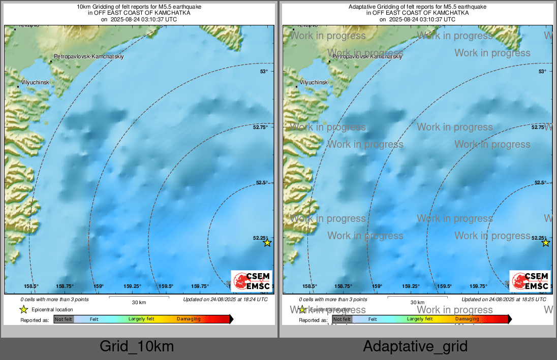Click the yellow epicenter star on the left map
click(x=267, y=243)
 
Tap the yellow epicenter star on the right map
click(x=546, y=243)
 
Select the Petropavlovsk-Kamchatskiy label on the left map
click(x=88, y=57)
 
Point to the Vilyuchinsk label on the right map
click(x=314, y=82)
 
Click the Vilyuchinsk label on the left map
click(x=35, y=82)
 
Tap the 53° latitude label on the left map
click(x=264, y=72)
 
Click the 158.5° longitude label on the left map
click(x=32, y=286)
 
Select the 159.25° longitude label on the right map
click(x=411, y=286)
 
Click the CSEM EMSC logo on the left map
click(x=252, y=281)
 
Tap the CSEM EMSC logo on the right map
click(x=530, y=281)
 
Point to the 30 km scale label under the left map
click(x=139, y=303)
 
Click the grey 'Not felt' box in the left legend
click(x=64, y=319)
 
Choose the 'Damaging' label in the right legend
click(x=467, y=319)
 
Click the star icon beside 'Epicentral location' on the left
click(x=23, y=309)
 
